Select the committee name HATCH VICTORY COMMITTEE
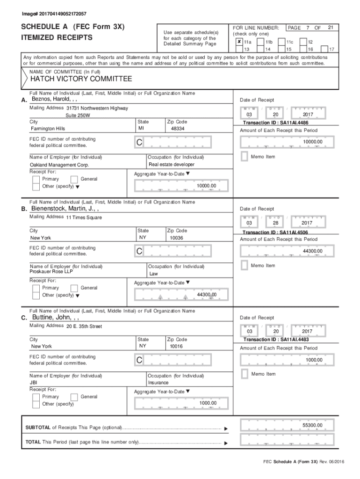pyautogui.click(x=81, y=79)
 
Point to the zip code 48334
pyautogui.click(x=178, y=128)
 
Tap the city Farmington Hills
pyautogui.click(x=48, y=128)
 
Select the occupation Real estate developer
pyautogui.click(x=171, y=164)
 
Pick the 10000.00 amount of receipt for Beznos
pyautogui.click(x=312, y=142)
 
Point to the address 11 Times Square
pyautogui.click(x=84, y=217)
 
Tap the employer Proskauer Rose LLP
pyautogui.click(x=50, y=271)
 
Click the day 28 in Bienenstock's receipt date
pyautogui.click(x=275, y=223)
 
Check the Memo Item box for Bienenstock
pyautogui.click(x=244, y=265)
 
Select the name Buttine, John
pyautogui.click(x=56, y=318)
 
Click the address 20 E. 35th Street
pyautogui.click(x=84, y=326)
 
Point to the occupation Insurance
pyautogui.click(x=159, y=383)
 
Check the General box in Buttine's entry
pyautogui.click(x=74, y=397)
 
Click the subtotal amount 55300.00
pyautogui.click(x=312, y=425)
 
